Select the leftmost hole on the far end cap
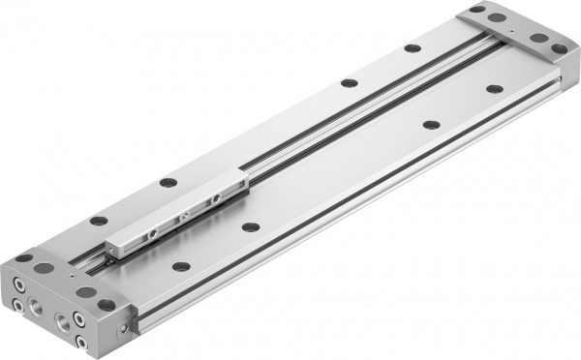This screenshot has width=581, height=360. point(474,12)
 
